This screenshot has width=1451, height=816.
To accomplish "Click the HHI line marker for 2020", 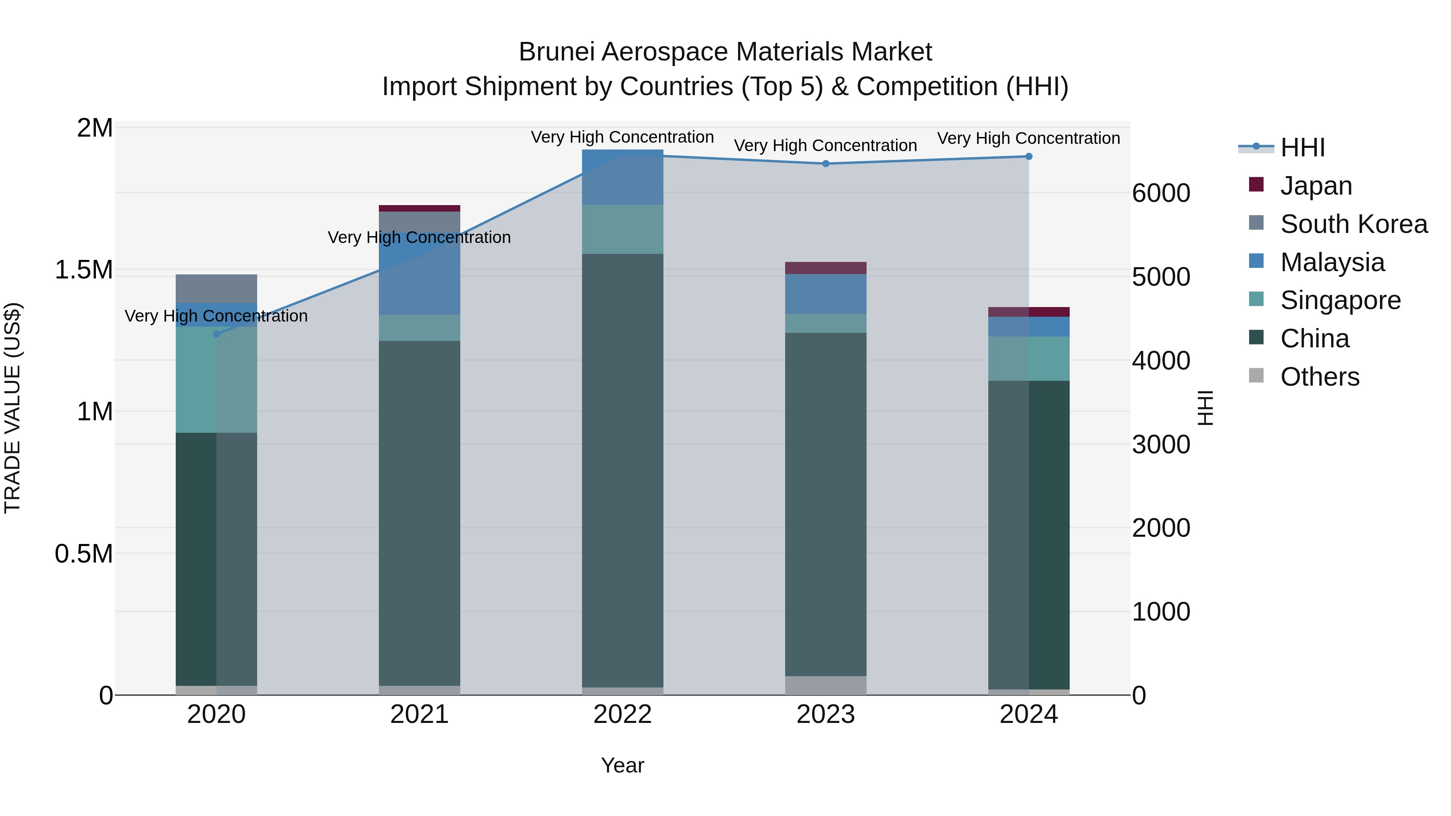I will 216,334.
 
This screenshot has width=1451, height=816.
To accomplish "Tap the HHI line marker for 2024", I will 1029,157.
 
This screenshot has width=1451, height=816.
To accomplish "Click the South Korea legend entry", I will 1353,224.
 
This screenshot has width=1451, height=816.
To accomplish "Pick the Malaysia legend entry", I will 1332,262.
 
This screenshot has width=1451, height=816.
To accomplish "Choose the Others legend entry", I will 1319,377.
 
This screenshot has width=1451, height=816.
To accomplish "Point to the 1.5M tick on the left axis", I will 83,270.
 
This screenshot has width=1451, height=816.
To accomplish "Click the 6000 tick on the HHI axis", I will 1161,193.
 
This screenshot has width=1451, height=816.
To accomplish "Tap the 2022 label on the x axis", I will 622,714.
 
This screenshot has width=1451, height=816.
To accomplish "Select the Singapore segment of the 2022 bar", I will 622,229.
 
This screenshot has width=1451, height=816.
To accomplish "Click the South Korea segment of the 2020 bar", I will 216,289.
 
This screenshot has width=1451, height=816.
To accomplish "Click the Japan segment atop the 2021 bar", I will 419,208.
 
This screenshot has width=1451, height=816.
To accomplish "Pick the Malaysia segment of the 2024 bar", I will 1029,327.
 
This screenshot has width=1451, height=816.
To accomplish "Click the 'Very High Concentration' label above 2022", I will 622,137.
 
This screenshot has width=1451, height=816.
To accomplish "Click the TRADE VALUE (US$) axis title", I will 12,408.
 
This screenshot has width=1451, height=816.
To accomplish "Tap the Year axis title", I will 622,765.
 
